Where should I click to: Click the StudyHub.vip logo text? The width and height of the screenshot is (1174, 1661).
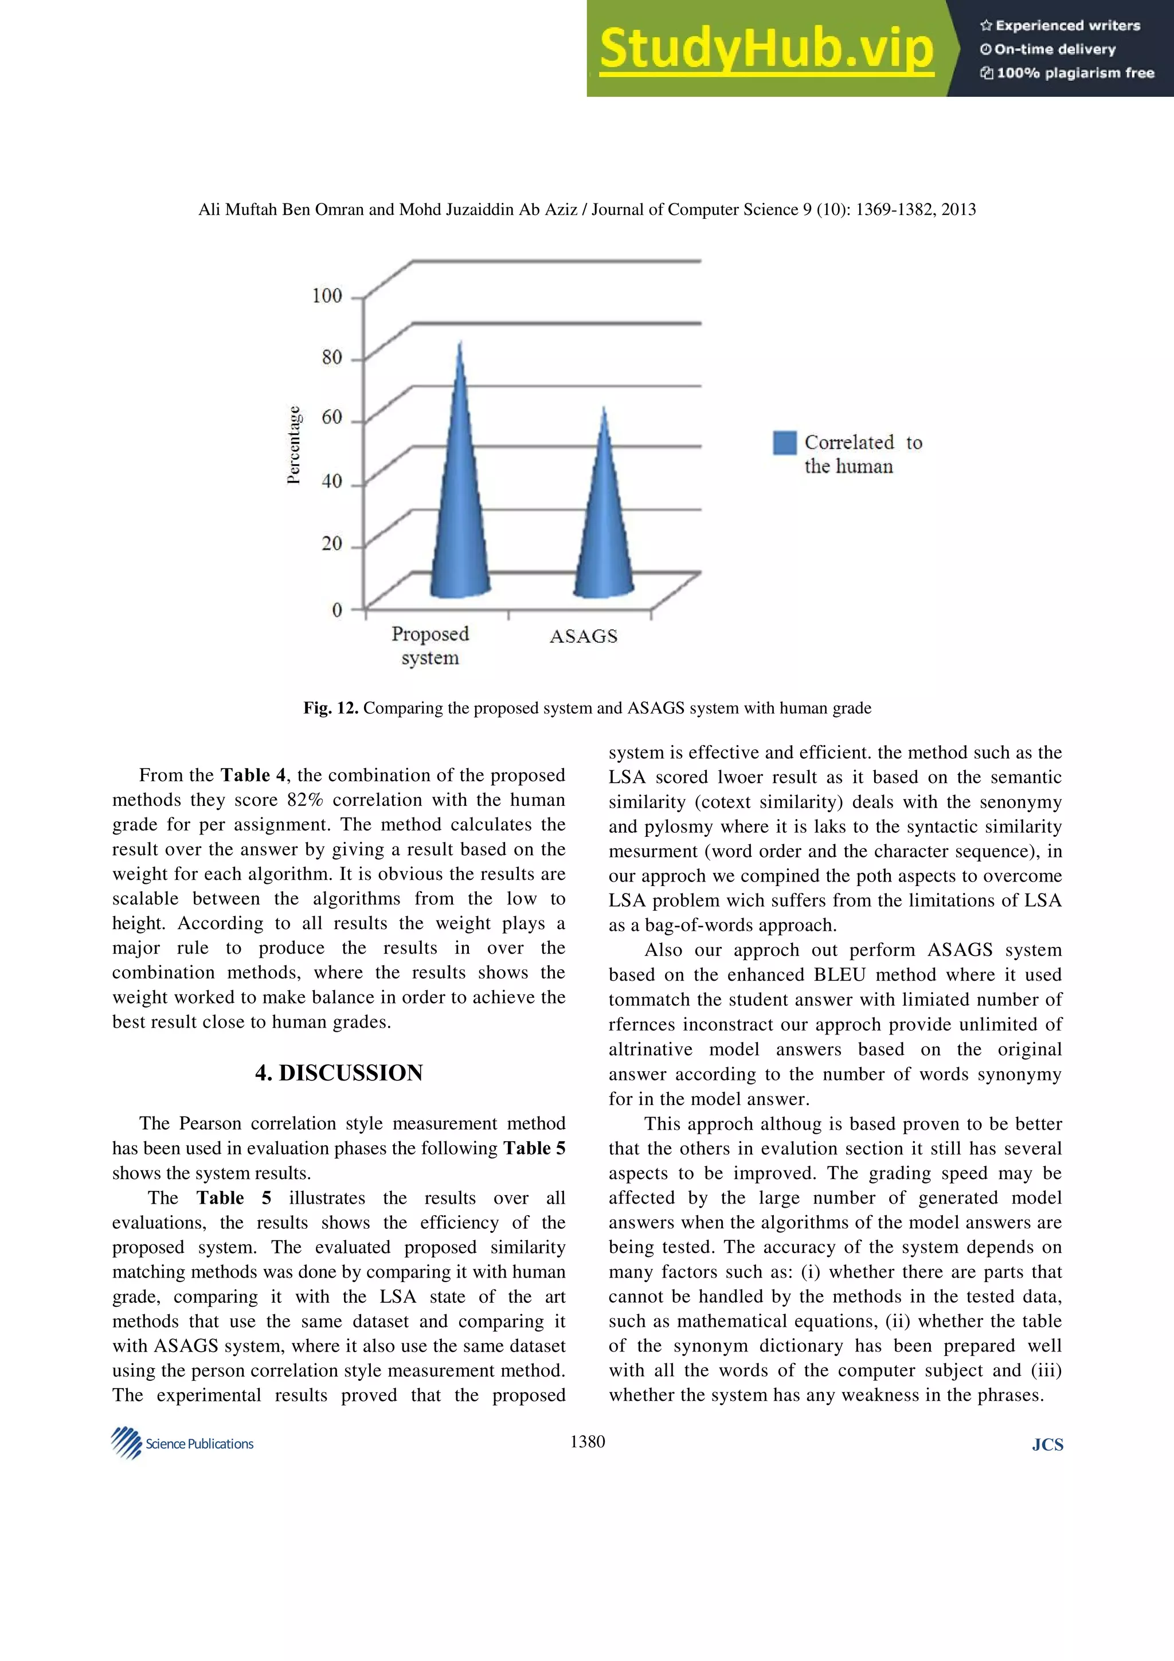766,49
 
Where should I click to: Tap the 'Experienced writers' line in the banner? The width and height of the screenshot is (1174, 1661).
1060,25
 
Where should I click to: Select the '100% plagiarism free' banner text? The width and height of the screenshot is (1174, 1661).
1068,72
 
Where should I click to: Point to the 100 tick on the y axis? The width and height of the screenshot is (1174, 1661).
327,295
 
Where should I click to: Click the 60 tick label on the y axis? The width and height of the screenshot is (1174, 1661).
331,417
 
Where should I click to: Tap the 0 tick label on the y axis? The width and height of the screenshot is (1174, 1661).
337,609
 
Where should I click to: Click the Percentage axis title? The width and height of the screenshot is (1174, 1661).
293,444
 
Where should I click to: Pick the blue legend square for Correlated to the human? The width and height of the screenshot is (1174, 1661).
784,442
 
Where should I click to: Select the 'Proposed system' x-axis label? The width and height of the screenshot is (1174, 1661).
431,645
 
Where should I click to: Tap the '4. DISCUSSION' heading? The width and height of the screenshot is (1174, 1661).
339,1072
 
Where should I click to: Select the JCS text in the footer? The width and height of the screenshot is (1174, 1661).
1047,1445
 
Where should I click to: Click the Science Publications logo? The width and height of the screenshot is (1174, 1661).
182,1443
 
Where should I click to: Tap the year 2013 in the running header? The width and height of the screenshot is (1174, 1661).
958,209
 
